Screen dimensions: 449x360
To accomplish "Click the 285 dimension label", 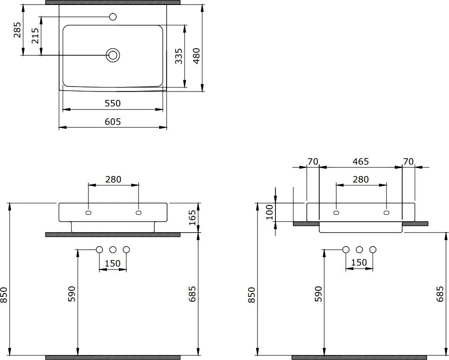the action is (17, 30).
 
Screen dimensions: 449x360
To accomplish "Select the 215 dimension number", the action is (35, 35).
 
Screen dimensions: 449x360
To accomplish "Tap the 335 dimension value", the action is (179, 56).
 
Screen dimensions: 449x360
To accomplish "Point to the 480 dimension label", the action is (196, 56).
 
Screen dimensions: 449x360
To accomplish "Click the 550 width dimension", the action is (112, 103).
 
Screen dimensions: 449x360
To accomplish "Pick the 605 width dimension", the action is (112, 122).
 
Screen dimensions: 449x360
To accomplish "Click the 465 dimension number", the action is (360, 162).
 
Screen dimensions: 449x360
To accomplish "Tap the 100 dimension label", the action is (269, 212).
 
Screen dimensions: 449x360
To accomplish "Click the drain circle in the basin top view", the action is (113, 55).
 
